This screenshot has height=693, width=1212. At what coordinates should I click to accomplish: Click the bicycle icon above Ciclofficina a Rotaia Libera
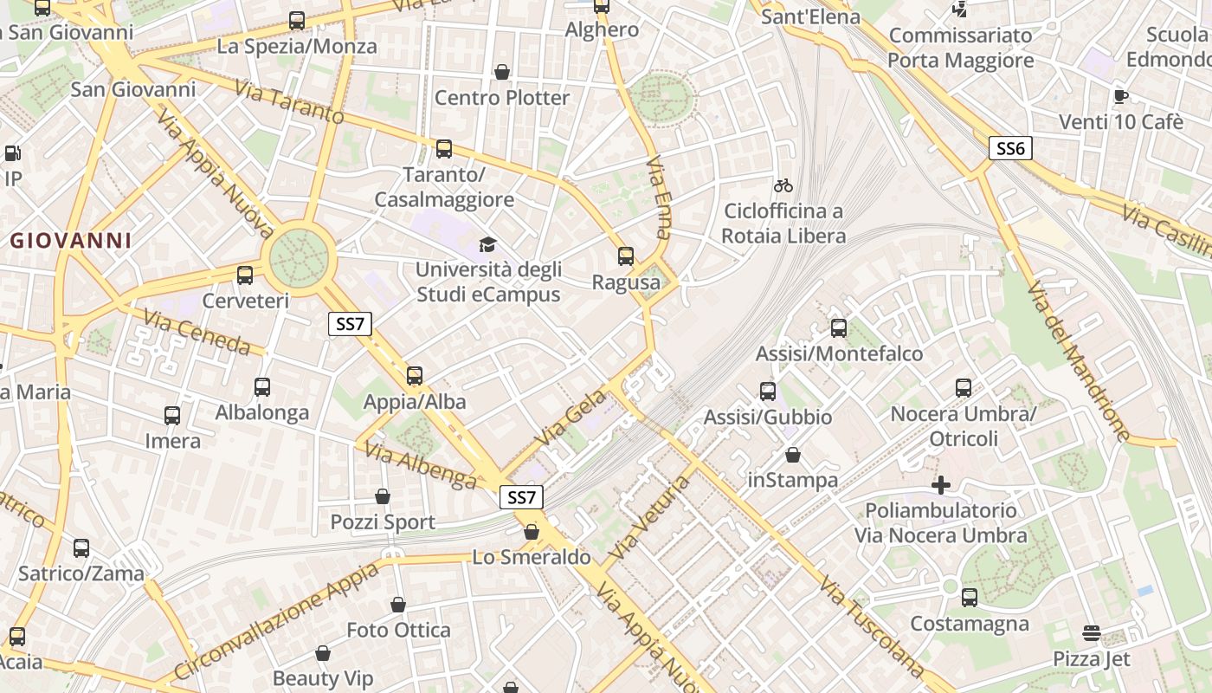pos(783,185)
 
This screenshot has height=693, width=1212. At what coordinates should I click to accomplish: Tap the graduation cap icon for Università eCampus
pos(488,245)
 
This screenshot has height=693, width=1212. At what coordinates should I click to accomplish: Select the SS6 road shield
pos(1010,148)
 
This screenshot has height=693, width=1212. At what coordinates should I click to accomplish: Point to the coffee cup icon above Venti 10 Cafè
pos(1121,96)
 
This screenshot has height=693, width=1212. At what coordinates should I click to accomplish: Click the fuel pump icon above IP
pos(13,153)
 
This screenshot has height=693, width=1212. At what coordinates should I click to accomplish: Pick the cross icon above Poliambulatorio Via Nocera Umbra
pos(941,485)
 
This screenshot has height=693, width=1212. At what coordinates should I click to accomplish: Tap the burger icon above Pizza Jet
pos(1092,633)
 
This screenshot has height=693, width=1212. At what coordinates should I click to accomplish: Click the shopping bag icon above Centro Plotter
pos(501,72)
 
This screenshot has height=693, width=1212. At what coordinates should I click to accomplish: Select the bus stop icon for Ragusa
pos(626,256)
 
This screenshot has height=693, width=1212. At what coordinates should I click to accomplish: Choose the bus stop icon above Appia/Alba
pos(415,376)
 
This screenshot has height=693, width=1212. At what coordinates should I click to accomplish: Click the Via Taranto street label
pos(289,101)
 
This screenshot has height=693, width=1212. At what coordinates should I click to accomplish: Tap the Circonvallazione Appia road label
pos(277,620)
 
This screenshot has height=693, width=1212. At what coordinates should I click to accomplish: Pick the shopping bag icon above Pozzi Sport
pos(383,496)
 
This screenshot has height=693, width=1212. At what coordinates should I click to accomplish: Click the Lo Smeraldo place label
pos(532,557)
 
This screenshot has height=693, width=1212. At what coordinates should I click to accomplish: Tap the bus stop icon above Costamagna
pos(970,597)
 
